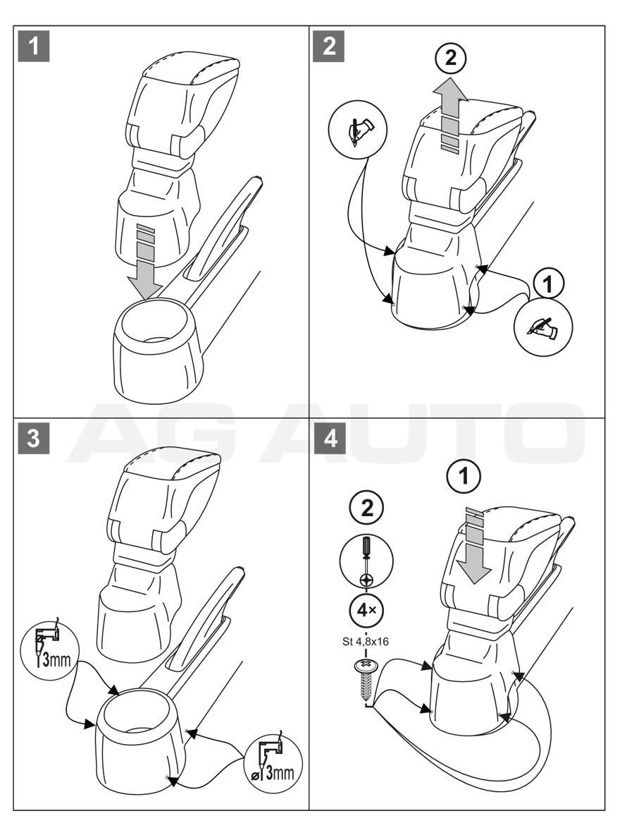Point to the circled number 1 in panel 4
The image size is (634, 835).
click(x=464, y=477)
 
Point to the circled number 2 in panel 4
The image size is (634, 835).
click(x=367, y=509)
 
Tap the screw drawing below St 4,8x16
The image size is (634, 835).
click(x=366, y=678)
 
